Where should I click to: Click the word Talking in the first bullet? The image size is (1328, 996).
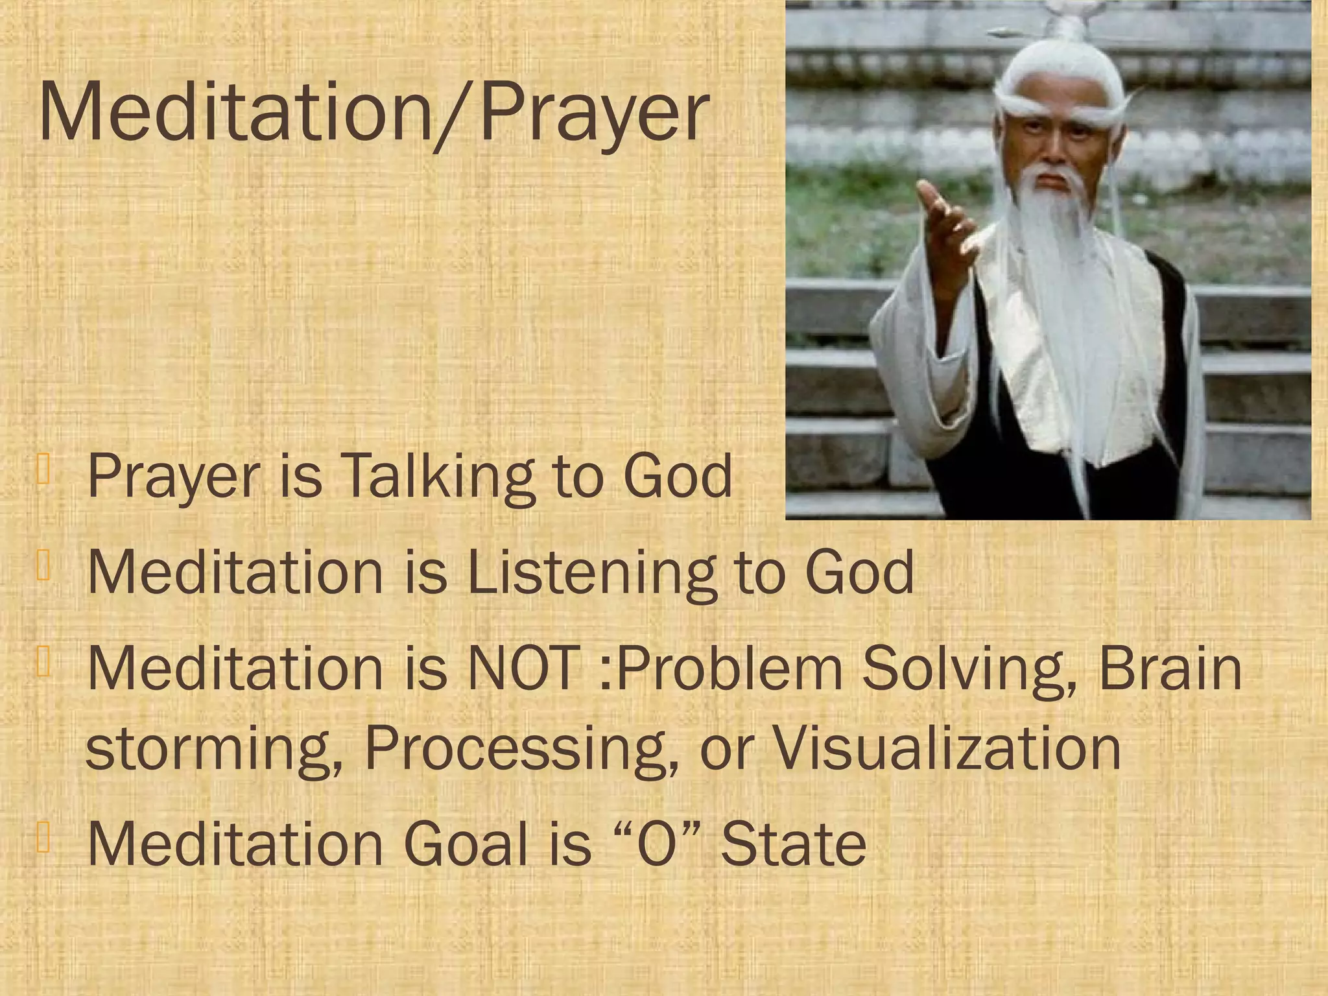438,477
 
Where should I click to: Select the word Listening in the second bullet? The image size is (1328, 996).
591,572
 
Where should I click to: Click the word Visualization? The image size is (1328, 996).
947,748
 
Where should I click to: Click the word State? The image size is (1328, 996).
794,844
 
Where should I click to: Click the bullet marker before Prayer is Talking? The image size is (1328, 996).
43,469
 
